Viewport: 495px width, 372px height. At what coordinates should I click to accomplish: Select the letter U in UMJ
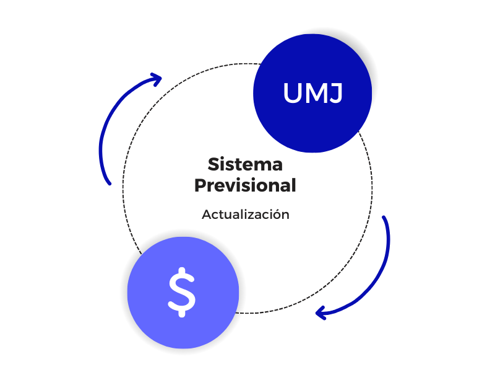pyautogui.click(x=293, y=94)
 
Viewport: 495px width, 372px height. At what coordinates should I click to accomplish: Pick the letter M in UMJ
pyautogui.click(x=314, y=94)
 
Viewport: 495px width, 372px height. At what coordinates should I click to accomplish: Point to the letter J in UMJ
pyautogui.click(x=335, y=94)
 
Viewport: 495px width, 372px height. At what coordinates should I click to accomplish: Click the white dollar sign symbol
pyautogui.click(x=182, y=291)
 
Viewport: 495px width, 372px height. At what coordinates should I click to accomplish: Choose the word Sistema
pyautogui.click(x=245, y=165)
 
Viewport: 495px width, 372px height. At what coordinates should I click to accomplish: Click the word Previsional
pyautogui.click(x=245, y=185)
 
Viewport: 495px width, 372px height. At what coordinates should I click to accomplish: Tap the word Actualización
pyautogui.click(x=246, y=215)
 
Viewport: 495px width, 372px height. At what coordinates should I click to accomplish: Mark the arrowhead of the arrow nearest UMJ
pyautogui.click(x=157, y=79)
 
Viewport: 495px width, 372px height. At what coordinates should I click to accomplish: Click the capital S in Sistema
pyautogui.click(x=213, y=165)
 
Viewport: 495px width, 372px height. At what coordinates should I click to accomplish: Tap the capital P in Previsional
pyautogui.click(x=200, y=185)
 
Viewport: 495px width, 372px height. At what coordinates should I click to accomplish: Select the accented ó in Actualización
pyautogui.click(x=277, y=214)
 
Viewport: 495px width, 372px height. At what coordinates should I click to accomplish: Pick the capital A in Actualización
pyautogui.click(x=206, y=215)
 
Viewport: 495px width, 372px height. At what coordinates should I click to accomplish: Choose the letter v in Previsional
pyautogui.click(x=231, y=185)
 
